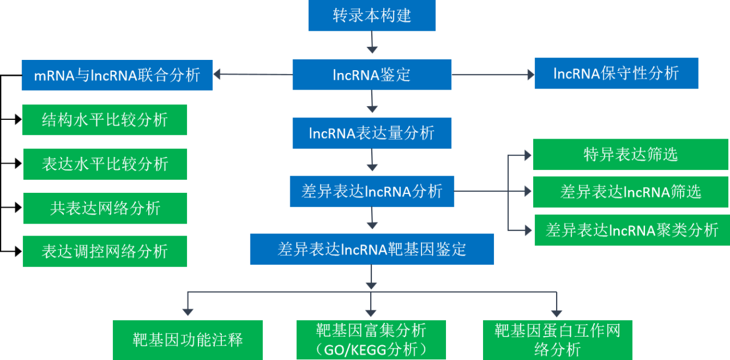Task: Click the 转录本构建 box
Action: click(x=372, y=15)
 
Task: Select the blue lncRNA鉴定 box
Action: click(x=372, y=75)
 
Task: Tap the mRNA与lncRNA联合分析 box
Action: click(x=117, y=75)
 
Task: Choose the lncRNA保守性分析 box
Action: click(x=616, y=73)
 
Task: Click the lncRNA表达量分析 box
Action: click(x=372, y=134)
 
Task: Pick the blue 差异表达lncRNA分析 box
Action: click(x=372, y=191)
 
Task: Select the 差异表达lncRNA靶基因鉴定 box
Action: click(x=372, y=249)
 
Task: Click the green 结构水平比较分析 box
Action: click(x=104, y=120)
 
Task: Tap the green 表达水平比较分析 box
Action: click(x=105, y=164)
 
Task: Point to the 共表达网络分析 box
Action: click(x=105, y=208)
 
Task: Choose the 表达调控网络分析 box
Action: click(x=105, y=252)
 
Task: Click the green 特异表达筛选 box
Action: click(x=630, y=155)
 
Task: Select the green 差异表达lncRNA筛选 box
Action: click(x=630, y=192)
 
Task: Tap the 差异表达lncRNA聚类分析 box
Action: click(x=631, y=230)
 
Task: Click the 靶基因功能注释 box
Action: click(x=188, y=341)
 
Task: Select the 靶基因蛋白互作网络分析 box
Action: click(x=557, y=340)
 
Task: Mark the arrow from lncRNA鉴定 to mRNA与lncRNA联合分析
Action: click(x=251, y=74)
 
